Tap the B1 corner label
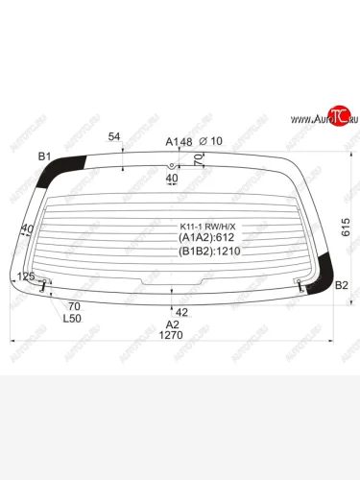[x=44, y=155]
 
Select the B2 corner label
[x=340, y=285]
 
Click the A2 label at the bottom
[x=174, y=324]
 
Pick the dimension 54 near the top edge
[x=114, y=136]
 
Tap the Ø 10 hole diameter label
[x=210, y=141]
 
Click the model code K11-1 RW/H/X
[x=207, y=227]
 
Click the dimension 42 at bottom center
[x=181, y=311]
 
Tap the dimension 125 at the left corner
[x=27, y=276]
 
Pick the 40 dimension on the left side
[x=26, y=229]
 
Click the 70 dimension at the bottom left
[x=75, y=306]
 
